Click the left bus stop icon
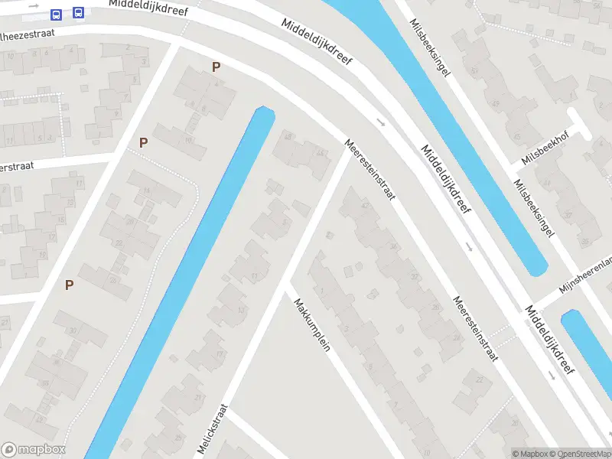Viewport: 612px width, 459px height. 56,14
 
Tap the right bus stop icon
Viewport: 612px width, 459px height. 78,13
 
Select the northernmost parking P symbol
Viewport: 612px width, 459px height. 216,67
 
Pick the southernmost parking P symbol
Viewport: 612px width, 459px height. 69,285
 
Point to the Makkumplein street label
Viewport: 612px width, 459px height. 311,324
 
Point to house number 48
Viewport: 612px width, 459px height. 288,136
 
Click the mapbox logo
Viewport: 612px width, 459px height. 34,450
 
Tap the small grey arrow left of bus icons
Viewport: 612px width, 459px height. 35,15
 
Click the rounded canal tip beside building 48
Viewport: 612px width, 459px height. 264,113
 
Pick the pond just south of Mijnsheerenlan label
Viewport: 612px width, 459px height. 585,337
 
